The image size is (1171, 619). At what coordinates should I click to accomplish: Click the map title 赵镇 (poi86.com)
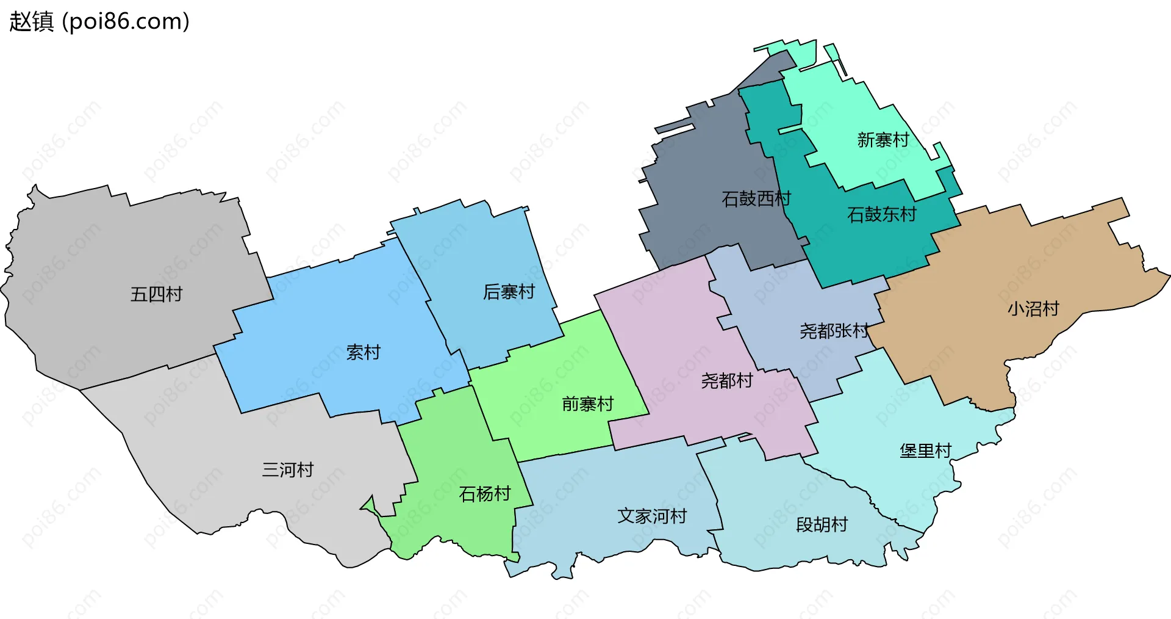(99, 21)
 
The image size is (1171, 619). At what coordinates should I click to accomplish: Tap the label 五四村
(156, 294)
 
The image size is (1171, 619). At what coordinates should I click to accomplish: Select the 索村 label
(363, 352)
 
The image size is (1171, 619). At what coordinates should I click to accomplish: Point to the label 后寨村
(509, 292)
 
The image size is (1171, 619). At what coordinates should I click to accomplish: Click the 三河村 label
(288, 469)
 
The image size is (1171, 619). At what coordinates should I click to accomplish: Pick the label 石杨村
(484, 493)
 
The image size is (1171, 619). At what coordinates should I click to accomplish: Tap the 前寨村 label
(587, 404)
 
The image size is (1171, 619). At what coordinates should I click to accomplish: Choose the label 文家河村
(652, 516)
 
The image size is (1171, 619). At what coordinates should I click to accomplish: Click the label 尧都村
(726, 381)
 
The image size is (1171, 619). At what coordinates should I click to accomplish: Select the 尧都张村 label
(834, 331)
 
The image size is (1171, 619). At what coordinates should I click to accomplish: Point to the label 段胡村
(822, 524)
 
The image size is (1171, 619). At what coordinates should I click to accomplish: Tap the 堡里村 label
(925, 451)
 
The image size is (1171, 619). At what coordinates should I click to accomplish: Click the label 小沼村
(1033, 308)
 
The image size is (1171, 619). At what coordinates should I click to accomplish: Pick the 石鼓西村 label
(756, 198)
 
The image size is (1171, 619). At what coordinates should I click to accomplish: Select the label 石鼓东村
(881, 214)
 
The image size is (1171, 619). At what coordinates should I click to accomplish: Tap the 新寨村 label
(883, 140)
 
